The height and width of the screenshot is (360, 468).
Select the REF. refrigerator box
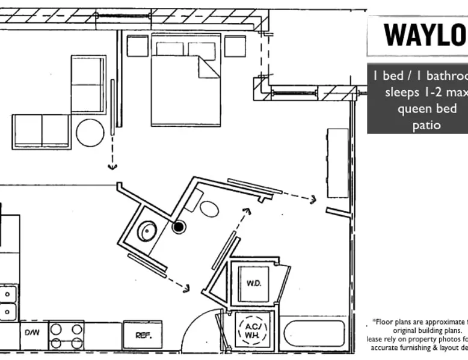pos(143,335)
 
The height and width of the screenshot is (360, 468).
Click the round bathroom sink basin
pos(147,231)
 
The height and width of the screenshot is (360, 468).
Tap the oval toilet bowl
pos(209,209)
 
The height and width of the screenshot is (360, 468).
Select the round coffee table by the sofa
pos(90,133)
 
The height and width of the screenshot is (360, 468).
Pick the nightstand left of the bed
pos(137,46)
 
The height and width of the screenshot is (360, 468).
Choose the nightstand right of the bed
pos(235,46)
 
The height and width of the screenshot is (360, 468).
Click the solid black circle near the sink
pos(178,227)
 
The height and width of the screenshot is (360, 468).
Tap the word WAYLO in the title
pos(425,35)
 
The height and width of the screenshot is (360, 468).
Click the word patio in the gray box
pos(426,125)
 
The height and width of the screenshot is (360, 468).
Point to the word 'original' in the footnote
pos(410,331)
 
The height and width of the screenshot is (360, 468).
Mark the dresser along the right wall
pos(337,162)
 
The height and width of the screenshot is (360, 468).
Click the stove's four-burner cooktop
pos(66,335)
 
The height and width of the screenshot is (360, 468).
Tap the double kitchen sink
pos(8,302)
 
